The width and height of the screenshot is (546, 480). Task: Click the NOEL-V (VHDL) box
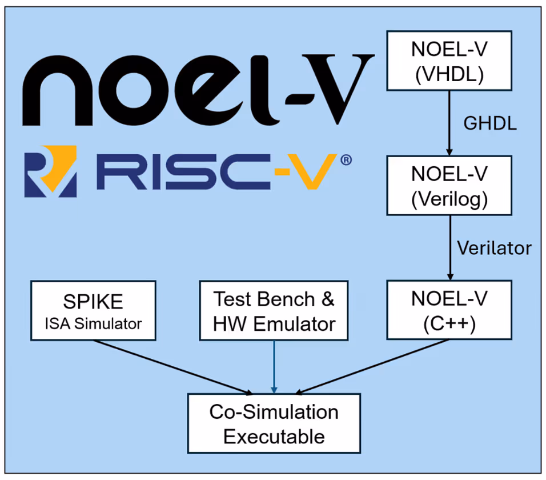coord(449,61)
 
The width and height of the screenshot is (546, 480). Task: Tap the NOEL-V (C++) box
coord(449,309)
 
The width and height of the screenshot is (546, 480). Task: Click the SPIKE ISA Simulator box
coord(94,311)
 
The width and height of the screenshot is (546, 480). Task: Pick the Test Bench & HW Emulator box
coord(274,311)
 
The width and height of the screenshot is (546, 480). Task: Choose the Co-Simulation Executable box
coord(274,423)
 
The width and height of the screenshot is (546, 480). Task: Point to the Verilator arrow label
coord(495,248)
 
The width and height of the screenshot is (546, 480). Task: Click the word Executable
coord(274,437)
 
